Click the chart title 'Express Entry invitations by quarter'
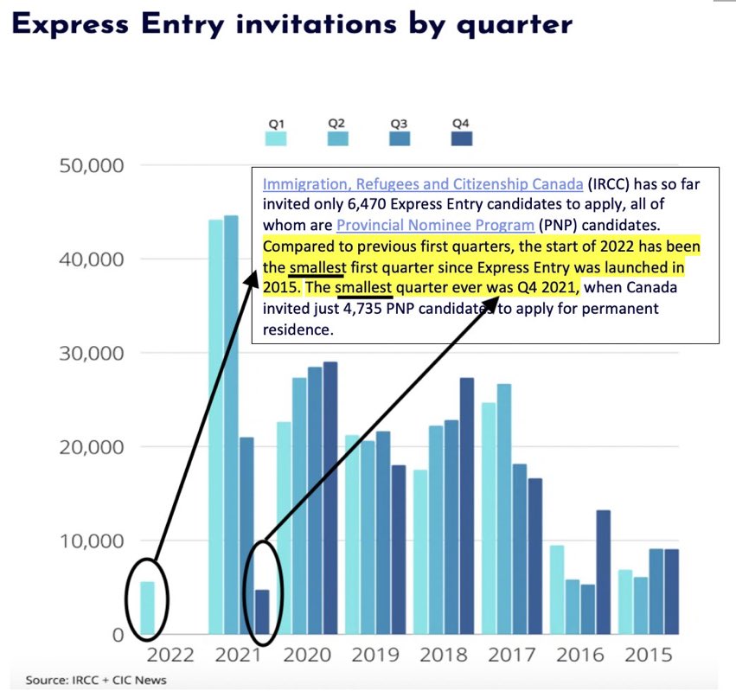click(x=291, y=24)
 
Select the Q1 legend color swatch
click(x=275, y=138)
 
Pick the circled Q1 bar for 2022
click(x=148, y=608)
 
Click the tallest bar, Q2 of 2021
click(x=231, y=424)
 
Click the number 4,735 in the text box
click(x=351, y=308)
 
